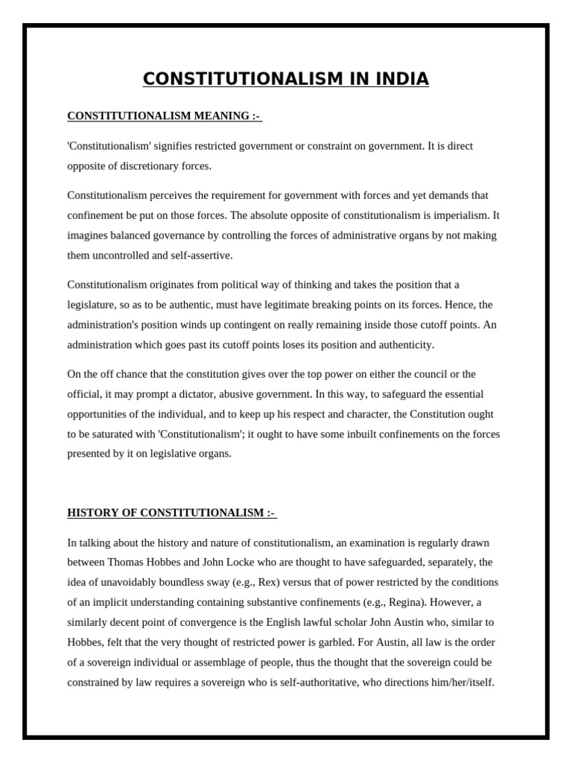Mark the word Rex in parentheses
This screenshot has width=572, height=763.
point(270,582)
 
